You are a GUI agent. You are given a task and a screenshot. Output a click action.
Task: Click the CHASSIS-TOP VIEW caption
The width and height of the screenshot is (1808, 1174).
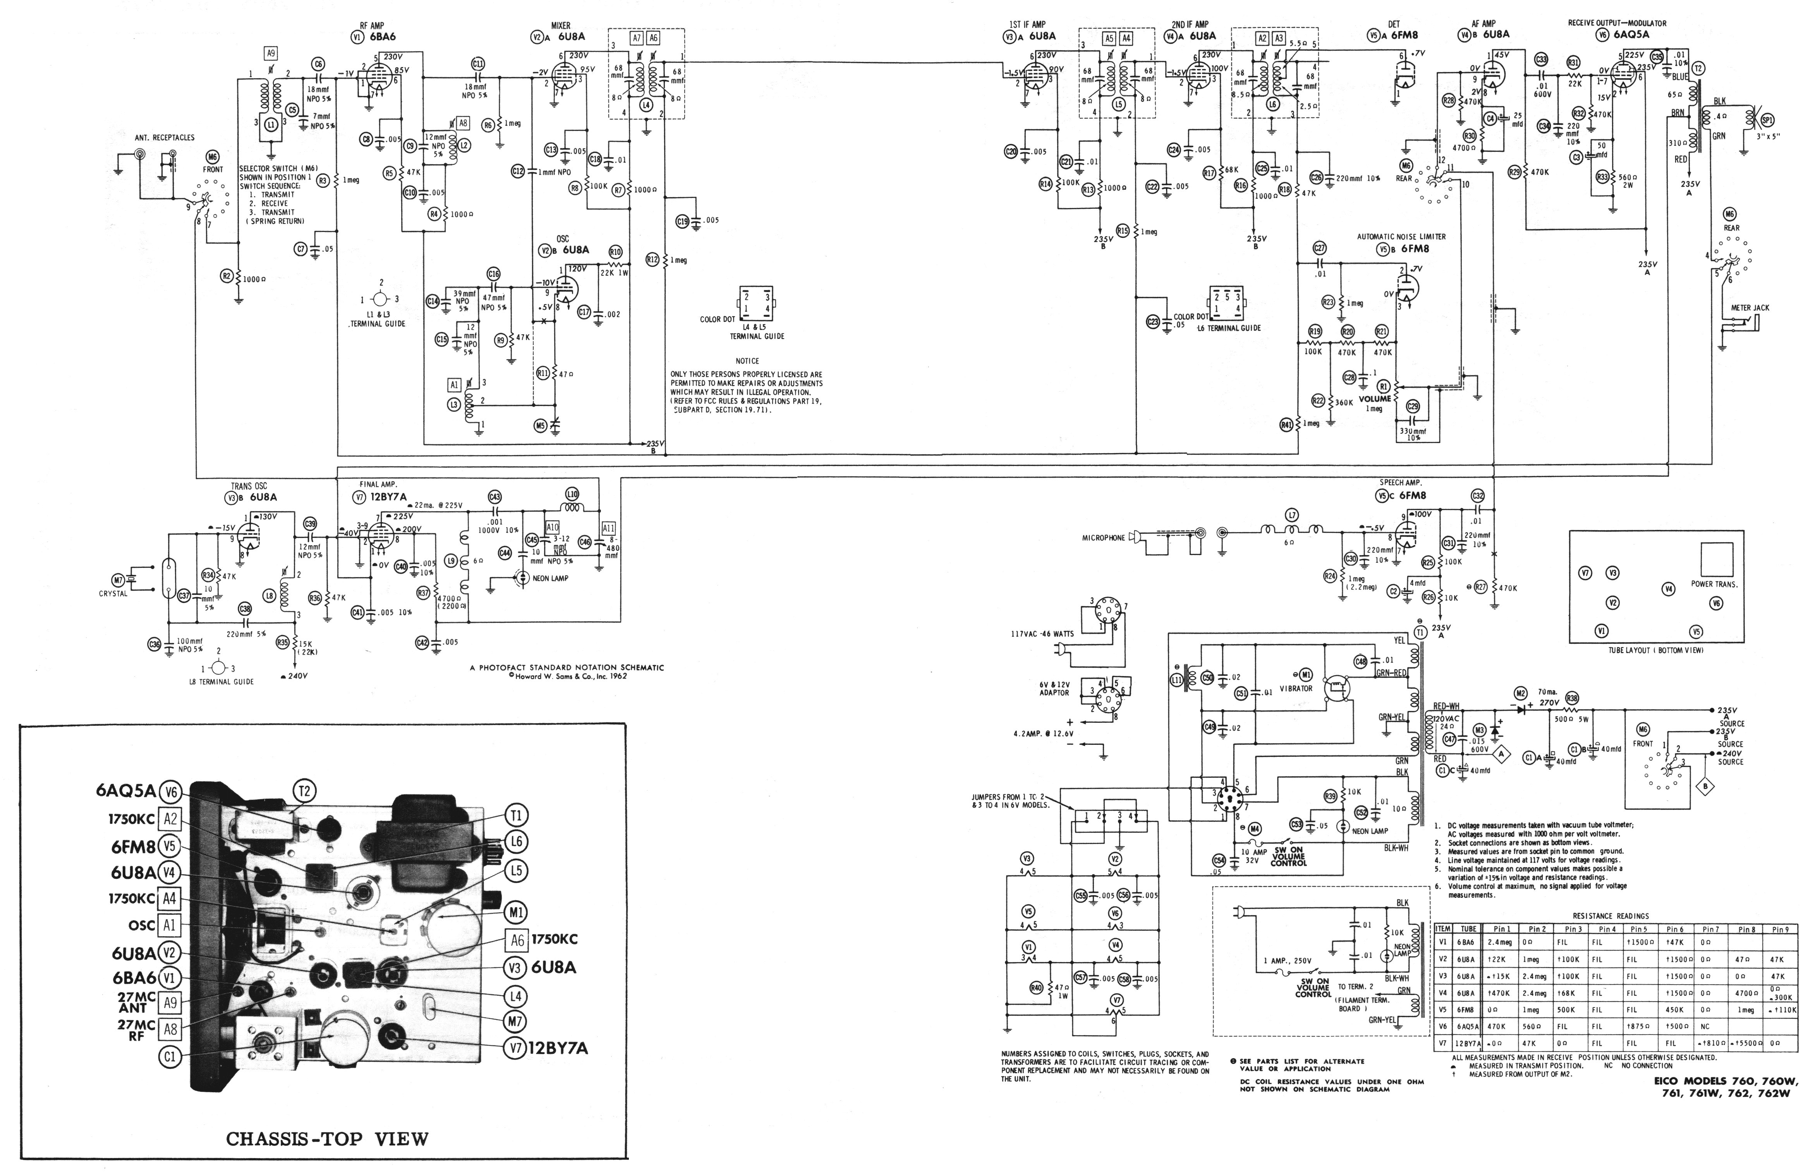pos(328,1139)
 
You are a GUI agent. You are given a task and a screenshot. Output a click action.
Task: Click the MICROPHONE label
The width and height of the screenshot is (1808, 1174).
pos(1103,538)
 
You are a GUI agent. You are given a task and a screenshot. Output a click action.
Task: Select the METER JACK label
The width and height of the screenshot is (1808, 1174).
pos(1750,308)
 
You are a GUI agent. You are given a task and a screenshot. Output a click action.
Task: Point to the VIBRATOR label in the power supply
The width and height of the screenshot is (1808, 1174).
pos(1296,688)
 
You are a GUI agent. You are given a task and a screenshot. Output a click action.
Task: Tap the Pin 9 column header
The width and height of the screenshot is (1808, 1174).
pos(1780,928)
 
